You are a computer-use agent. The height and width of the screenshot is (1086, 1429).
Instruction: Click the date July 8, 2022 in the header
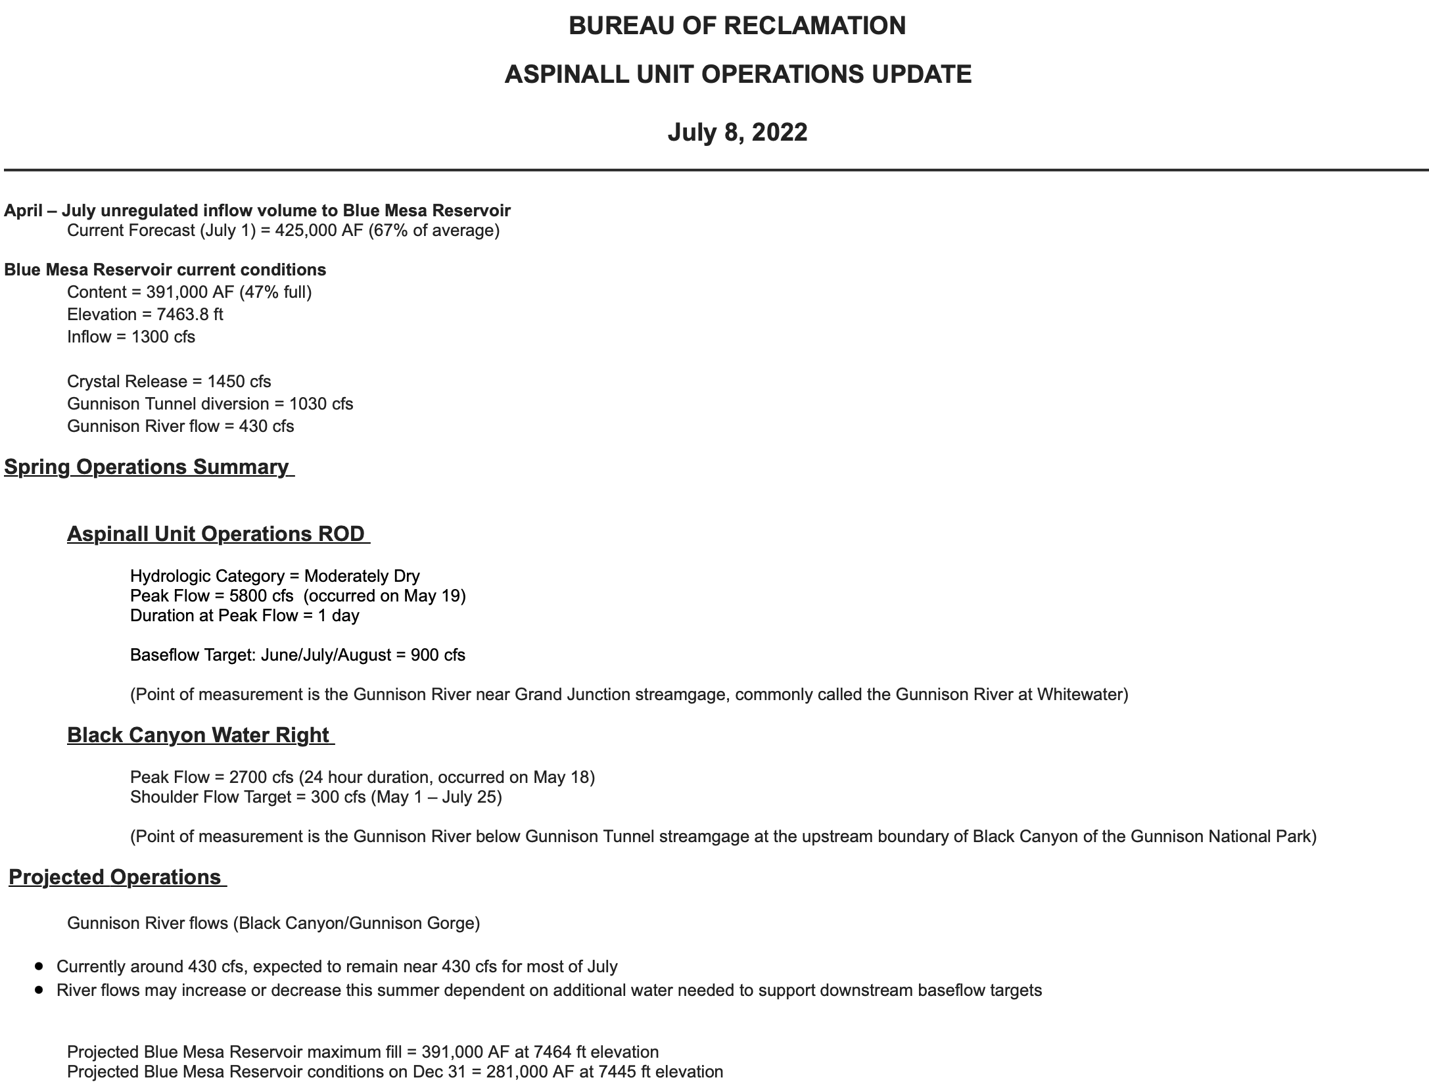pyautogui.click(x=737, y=132)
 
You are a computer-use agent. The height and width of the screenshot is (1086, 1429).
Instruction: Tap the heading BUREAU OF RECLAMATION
pyautogui.click(x=737, y=26)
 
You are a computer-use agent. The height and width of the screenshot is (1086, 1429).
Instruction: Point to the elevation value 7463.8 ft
pyautogui.click(x=189, y=314)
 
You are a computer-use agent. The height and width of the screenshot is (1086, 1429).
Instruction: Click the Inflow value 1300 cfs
pyautogui.click(x=163, y=337)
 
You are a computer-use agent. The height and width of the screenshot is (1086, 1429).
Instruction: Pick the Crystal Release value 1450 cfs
pyautogui.click(x=239, y=381)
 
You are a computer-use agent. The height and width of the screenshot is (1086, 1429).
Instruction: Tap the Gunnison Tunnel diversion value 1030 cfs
pyautogui.click(x=321, y=404)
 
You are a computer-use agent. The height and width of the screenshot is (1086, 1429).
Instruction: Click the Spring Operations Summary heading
pyautogui.click(x=147, y=467)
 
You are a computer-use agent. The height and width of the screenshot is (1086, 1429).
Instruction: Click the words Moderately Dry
pyautogui.click(x=362, y=576)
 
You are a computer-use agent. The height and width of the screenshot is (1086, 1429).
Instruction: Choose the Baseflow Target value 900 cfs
pyautogui.click(x=438, y=655)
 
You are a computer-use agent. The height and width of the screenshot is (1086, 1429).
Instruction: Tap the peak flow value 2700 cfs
pyautogui.click(x=261, y=777)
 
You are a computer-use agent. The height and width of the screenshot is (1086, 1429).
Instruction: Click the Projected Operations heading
pyautogui.click(x=115, y=877)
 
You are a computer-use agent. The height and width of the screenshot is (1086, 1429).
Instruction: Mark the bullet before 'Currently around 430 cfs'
pyautogui.click(x=40, y=966)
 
